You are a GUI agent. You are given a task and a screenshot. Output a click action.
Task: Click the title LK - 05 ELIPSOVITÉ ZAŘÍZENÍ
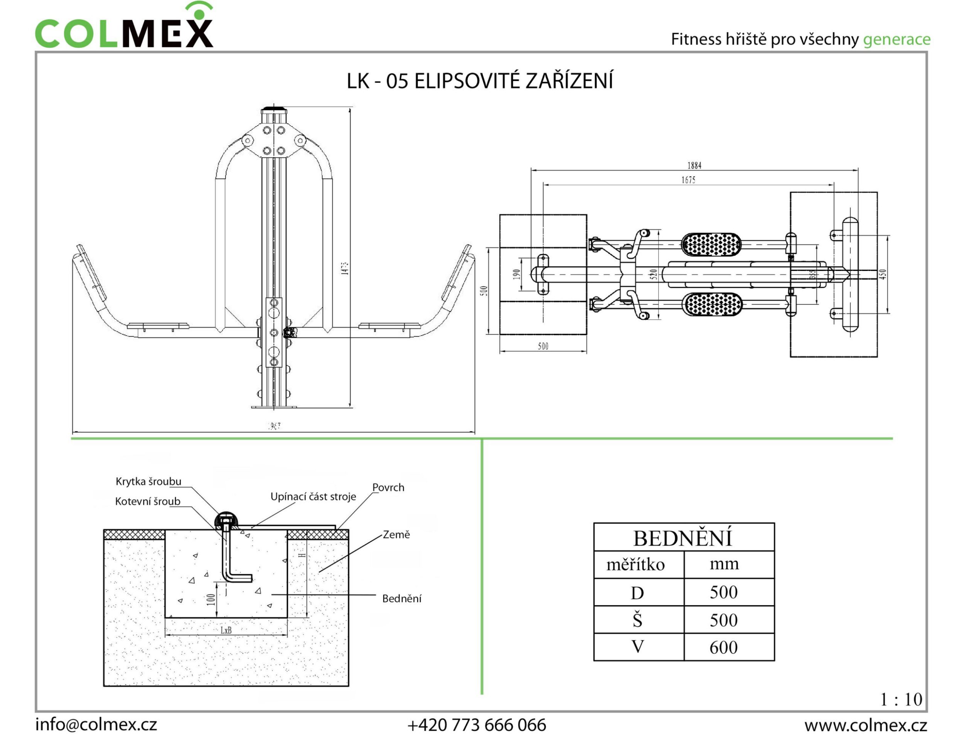(480, 81)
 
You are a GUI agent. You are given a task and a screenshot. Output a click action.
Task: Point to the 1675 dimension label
(688, 180)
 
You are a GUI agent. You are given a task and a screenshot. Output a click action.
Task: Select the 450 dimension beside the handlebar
(882, 274)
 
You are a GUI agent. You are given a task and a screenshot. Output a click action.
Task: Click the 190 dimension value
(517, 274)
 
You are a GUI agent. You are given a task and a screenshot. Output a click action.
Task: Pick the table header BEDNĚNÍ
(683, 538)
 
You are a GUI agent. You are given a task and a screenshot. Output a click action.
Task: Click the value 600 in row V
(723, 647)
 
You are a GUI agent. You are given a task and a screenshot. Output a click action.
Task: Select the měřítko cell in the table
(635, 564)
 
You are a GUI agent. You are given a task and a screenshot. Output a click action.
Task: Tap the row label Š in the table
(637, 620)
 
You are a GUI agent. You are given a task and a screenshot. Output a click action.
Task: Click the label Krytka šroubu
(148, 481)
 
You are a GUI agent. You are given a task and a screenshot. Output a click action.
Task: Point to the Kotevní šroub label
(147, 501)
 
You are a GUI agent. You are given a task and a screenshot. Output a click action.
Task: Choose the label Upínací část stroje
(313, 497)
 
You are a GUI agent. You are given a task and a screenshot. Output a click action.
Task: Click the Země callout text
(396, 535)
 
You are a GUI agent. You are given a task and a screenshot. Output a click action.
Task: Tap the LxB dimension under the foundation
(226, 630)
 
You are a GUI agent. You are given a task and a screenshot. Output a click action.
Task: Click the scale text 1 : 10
(901, 700)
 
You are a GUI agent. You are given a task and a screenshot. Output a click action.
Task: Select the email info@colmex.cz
(96, 725)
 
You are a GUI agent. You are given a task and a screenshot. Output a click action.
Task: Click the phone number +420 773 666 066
(477, 725)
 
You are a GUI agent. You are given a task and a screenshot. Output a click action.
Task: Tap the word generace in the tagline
(897, 39)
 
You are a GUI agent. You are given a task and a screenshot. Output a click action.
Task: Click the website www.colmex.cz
(866, 725)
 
